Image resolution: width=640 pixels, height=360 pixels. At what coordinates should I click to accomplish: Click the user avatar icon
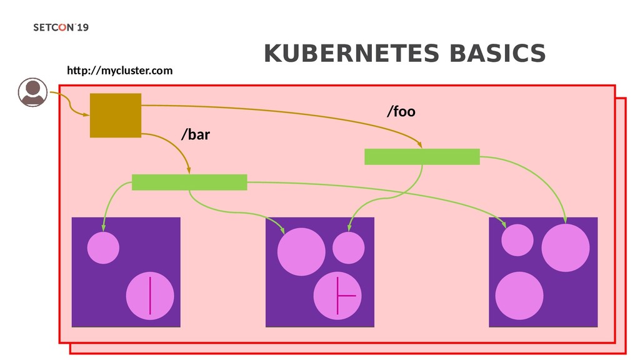point(31,92)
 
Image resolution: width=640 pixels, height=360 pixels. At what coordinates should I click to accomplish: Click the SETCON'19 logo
point(61,29)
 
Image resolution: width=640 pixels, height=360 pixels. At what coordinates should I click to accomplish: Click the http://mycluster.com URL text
point(120,71)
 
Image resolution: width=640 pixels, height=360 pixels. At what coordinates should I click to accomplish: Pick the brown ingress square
point(116,115)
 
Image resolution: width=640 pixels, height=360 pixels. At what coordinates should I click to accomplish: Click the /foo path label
point(401,112)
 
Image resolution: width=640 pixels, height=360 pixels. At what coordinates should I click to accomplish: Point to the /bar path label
point(196,134)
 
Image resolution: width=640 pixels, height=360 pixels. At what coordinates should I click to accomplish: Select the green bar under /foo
point(422,156)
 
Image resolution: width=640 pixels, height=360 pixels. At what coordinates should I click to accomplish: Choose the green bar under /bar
point(189,182)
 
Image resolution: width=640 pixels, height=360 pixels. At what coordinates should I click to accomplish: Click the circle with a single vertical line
point(150,296)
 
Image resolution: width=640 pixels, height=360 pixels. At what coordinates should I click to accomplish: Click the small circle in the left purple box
point(103,247)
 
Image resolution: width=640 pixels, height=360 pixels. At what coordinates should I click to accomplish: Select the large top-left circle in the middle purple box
point(301,252)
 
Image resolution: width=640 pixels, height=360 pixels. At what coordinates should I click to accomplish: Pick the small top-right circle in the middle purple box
point(348,248)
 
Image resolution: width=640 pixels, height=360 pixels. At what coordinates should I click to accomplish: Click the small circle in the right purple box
point(517,240)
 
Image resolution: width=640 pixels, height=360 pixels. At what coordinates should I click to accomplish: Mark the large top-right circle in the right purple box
point(566,247)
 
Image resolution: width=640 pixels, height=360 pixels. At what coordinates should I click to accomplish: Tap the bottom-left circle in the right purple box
point(519,296)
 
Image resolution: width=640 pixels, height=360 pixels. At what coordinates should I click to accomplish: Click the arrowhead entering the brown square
point(86,114)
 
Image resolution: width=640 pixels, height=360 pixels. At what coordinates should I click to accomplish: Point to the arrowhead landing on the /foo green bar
point(421,146)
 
